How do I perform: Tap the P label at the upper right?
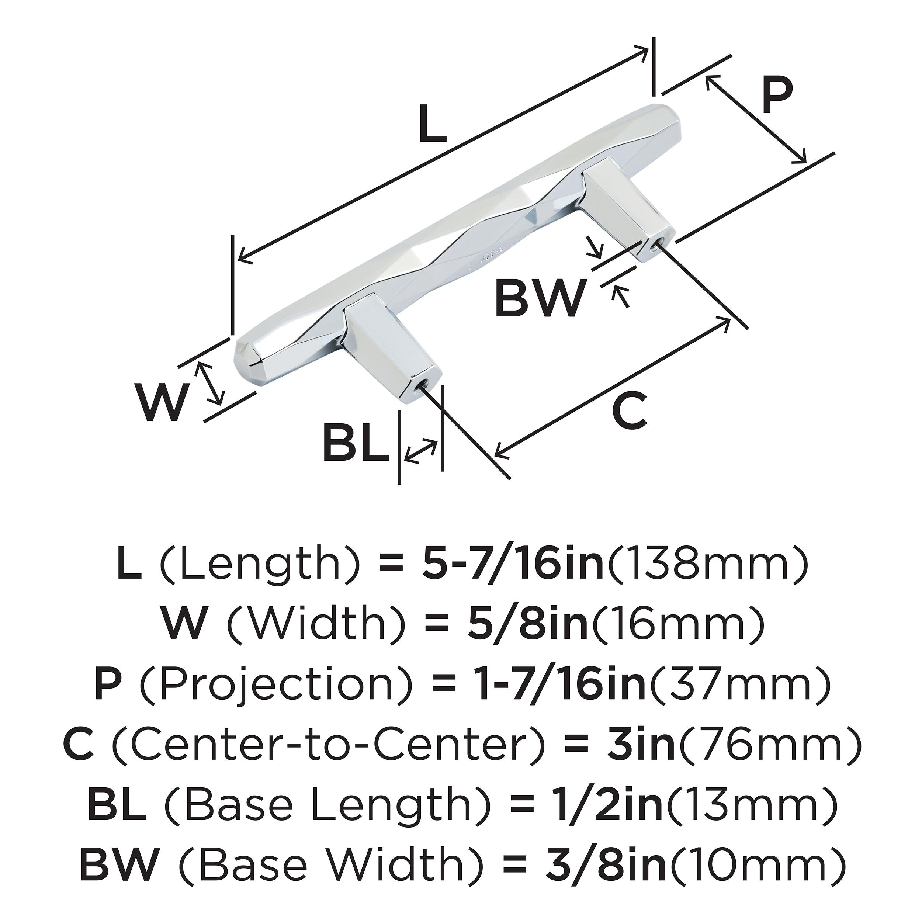pyautogui.click(x=776, y=96)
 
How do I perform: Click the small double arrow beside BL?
pyautogui.click(x=420, y=451)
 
